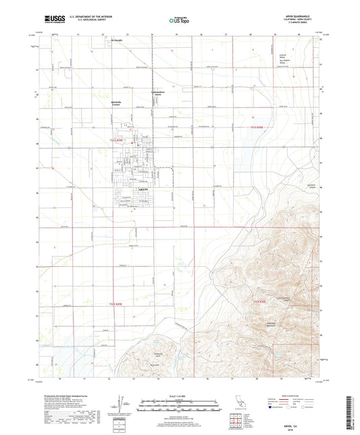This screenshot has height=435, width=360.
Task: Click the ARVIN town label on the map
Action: [x=143, y=192]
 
